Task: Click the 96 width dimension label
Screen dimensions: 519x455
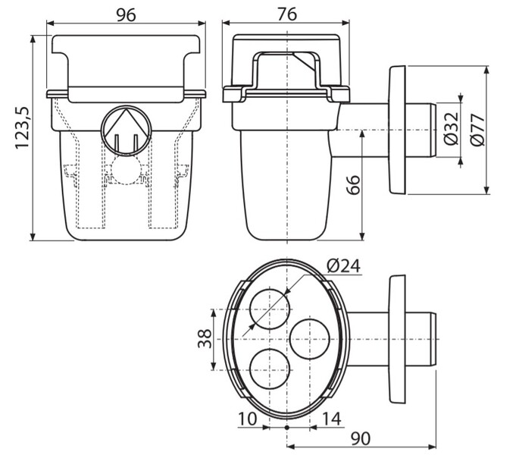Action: point(126,15)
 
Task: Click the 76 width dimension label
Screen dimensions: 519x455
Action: point(287,14)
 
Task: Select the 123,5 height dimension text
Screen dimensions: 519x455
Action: point(23,128)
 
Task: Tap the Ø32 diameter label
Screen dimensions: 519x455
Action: point(452,129)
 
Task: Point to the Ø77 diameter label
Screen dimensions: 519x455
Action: point(477,130)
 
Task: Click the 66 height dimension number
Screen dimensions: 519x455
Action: point(353,185)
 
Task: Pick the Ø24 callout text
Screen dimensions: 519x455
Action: point(343,265)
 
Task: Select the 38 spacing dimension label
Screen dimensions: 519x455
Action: point(205,338)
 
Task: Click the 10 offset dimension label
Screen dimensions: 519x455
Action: point(247,419)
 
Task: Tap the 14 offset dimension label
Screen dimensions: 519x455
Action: point(331,419)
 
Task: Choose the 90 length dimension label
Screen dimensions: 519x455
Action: point(361,439)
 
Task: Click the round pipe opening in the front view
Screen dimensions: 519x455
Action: point(126,130)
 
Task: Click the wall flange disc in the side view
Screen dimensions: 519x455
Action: point(397,130)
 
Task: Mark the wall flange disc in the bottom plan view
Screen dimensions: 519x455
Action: point(397,339)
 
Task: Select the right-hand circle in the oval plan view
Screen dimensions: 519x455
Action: point(309,339)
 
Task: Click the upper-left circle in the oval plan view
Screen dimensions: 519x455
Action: point(270,309)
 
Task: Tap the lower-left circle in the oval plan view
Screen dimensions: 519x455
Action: point(270,369)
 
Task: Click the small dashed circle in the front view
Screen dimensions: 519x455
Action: point(126,170)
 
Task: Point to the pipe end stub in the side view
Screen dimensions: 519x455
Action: point(421,130)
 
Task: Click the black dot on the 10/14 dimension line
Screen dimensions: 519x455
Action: point(287,428)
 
